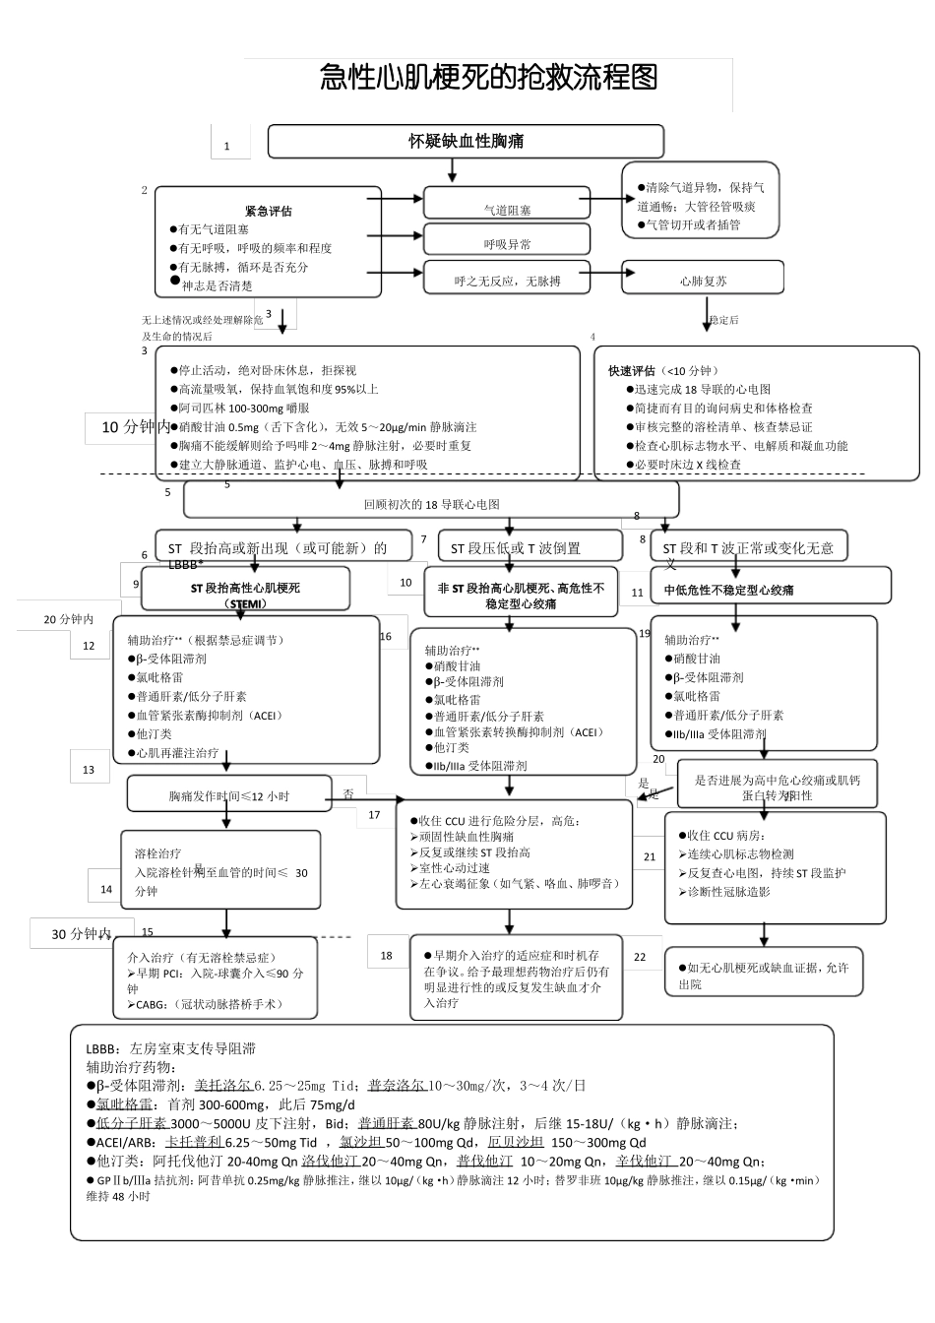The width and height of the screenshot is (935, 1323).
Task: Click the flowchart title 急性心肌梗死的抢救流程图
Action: point(488,78)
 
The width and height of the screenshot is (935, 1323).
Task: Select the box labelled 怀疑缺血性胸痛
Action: point(466,141)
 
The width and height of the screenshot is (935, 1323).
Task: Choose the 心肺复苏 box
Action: point(703,281)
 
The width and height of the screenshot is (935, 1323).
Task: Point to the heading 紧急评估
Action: point(268,211)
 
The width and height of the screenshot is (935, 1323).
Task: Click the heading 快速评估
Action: point(632,371)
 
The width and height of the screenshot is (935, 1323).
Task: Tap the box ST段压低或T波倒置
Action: point(516,548)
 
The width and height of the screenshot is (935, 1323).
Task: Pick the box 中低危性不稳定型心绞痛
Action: point(728,590)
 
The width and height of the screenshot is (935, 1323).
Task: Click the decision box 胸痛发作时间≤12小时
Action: point(228,795)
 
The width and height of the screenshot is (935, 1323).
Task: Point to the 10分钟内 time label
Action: point(136,427)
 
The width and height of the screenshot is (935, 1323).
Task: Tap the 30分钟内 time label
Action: point(81,933)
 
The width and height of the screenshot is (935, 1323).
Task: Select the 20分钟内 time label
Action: point(69,619)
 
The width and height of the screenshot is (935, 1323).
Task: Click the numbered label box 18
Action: point(387,955)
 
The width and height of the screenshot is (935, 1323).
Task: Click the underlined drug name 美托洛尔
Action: point(222,1085)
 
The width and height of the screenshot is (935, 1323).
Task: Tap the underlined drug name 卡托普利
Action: point(193,1142)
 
